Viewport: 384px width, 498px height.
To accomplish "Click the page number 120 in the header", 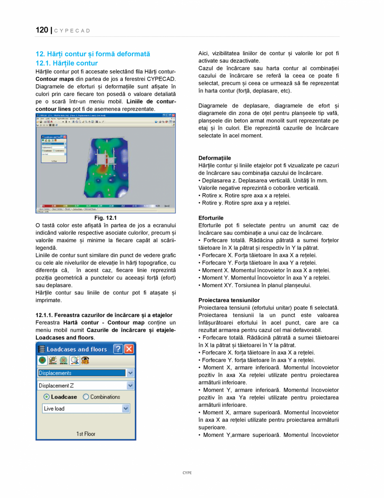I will click(42, 30).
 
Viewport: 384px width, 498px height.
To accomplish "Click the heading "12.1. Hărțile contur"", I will click(67, 63).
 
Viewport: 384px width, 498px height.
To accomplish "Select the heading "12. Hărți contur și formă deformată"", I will click(93, 54).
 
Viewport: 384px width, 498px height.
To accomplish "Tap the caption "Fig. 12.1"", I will click(105, 218).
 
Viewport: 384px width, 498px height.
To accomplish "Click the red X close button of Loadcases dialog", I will click(129, 349).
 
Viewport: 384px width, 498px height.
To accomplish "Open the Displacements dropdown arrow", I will click(130, 373).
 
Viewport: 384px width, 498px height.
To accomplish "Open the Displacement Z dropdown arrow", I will click(130, 386).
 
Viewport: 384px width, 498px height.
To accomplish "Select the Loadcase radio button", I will click(47, 397).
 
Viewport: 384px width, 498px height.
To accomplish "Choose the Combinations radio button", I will click(86, 397).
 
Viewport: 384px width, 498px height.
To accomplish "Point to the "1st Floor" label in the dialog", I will click(86, 434).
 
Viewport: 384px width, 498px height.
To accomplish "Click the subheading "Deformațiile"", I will click(214, 158).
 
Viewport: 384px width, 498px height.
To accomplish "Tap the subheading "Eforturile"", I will click(211, 218).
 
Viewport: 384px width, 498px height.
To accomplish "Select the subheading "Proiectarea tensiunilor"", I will click(229, 300).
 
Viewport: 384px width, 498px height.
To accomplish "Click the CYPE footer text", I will click(187, 472).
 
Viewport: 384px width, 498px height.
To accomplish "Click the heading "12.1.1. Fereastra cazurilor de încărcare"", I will click(104, 315).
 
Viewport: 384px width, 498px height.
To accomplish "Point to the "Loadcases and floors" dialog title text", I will click(77, 349).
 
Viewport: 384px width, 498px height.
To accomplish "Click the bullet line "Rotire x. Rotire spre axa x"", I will click(244, 195).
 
